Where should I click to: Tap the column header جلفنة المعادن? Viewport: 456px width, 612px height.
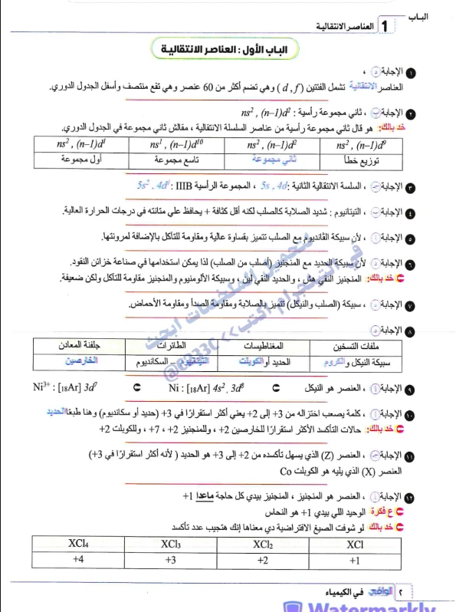coord(75,344)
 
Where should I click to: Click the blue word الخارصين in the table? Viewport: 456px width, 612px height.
coord(83,360)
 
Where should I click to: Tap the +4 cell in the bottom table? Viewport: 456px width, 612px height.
coord(77,560)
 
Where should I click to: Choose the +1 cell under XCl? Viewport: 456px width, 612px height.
coord(355,560)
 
